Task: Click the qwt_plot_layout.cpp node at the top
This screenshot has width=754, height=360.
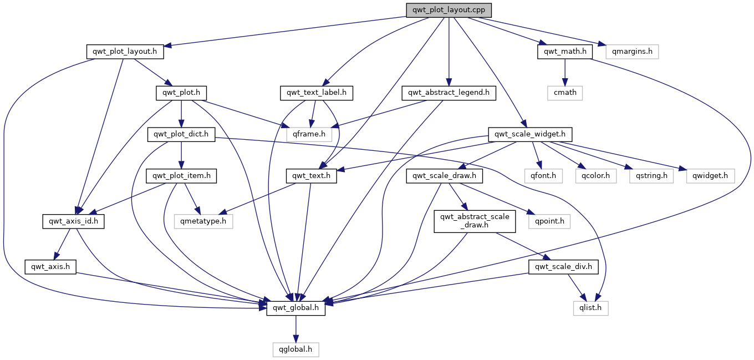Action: click(x=449, y=10)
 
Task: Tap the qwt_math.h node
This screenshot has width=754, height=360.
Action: click(x=564, y=52)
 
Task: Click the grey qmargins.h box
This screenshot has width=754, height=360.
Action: click(x=632, y=52)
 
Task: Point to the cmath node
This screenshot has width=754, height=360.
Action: click(x=564, y=93)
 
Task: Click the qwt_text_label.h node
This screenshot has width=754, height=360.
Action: click(x=317, y=93)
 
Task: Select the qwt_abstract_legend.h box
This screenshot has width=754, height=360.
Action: click(x=449, y=93)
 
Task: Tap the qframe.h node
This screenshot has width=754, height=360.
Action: click(x=309, y=134)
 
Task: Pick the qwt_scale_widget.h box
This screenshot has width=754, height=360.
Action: click(x=529, y=134)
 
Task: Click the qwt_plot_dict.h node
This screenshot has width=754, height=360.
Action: click(x=181, y=134)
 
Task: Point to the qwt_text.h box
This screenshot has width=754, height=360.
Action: click(x=312, y=176)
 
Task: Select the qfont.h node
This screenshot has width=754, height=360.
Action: click(x=543, y=176)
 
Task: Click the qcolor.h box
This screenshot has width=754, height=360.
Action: click(x=595, y=176)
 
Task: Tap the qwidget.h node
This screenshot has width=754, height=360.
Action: click(x=710, y=176)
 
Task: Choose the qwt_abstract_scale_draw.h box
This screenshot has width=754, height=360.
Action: click(x=475, y=221)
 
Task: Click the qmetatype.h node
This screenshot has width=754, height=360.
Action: click(x=203, y=221)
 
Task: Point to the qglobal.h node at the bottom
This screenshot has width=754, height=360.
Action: click(x=296, y=349)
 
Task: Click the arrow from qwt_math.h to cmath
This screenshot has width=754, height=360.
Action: click(x=564, y=72)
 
